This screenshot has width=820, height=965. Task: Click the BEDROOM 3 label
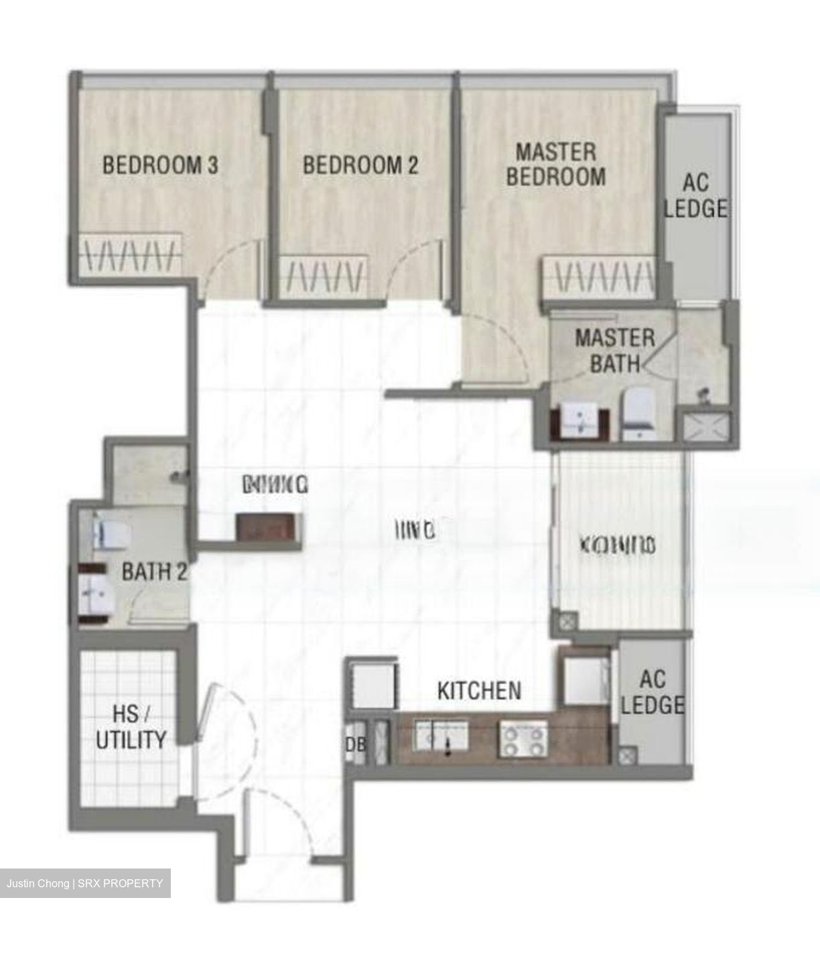[x=160, y=165]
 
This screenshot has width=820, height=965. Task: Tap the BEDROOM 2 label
[x=360, y=165]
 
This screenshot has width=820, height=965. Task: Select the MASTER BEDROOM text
[x=555, y=164]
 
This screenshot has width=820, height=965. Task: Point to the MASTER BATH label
[x=614, y=350]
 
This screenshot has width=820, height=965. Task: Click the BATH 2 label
[x=154, y=572]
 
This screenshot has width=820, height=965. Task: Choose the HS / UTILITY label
[x=131, y=727]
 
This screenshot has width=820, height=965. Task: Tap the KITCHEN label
[x=479, y=690]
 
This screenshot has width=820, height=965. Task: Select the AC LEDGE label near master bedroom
[x=695, y=196]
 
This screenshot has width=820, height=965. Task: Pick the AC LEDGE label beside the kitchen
[x=652, y=692]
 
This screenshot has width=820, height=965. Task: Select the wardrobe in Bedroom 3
[x=130, y=253]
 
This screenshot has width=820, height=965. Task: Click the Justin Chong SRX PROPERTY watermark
[x=85, y=883]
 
